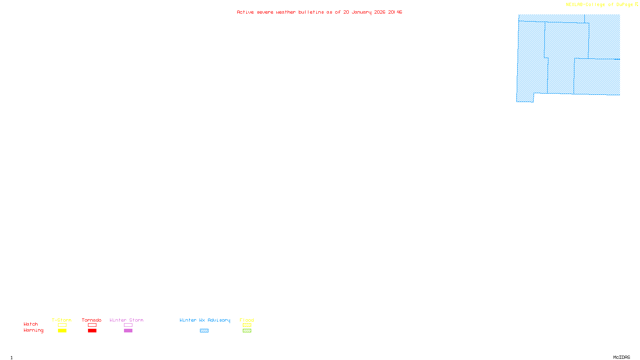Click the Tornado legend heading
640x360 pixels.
[92, 320]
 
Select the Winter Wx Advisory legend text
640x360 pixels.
[205, 320]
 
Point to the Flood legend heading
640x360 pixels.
[247, 320]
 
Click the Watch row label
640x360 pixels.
[31, 324]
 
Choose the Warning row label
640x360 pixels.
[33, 330]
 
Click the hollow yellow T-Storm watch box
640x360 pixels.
[62, 325]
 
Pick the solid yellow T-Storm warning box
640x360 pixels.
[62, 331]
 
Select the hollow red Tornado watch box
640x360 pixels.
[92, 325]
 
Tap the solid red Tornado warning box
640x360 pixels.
[92, 331]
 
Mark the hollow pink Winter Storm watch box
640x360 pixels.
[128, 325]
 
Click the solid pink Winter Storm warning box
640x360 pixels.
[128, 331]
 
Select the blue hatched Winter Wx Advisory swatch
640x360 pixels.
[204, 331]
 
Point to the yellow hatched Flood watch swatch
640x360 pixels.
[247, 325]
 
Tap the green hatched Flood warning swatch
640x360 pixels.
[247, 331]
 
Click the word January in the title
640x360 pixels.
[361, 12]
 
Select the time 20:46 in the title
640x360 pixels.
[395, 12]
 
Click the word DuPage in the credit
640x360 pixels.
[624, 5]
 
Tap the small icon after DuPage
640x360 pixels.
[636, 4]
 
